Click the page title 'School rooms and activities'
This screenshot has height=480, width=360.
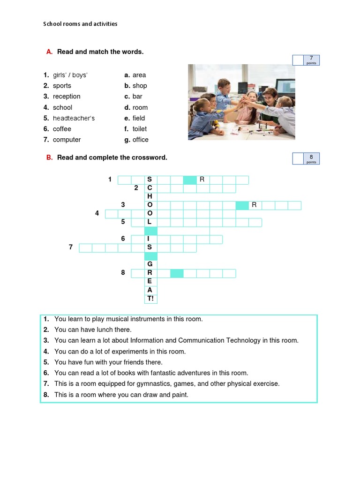(x=80, y=24)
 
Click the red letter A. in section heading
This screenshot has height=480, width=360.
(x=49, y=52)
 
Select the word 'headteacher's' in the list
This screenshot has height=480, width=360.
(x=74, y=118)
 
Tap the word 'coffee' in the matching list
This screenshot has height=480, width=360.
(x=62, y=129)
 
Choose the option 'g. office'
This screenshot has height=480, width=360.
(x=136, y=140)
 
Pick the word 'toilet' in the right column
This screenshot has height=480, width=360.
(x=140, y=129)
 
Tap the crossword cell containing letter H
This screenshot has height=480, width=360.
(x=150, y=197)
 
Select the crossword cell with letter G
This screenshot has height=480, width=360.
(x=150, y=264)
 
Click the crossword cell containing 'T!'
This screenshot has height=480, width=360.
(x=150, y=299)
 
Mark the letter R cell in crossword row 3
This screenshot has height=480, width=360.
(x=255, y=205)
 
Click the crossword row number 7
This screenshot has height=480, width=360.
(x=71, y=247)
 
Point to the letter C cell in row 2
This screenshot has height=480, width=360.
(x=150, y=188)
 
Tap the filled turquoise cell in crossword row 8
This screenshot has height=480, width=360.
(x=177, y=273)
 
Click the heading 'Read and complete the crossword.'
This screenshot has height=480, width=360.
(x=112, y=157)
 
